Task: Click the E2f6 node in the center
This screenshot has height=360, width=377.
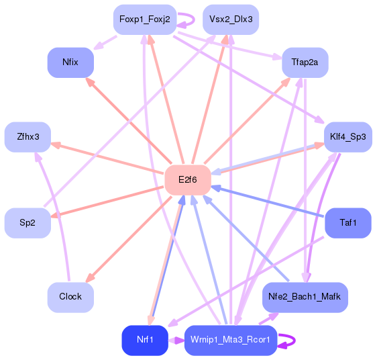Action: pos(188,180)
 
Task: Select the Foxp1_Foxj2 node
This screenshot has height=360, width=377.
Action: pos(144,19)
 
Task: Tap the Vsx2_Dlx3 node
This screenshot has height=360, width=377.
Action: pos(231,19)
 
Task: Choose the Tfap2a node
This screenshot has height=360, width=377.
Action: pos(305,62)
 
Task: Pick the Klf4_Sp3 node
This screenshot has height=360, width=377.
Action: pos(347,137)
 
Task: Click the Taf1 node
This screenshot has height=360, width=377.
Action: pos(347,223)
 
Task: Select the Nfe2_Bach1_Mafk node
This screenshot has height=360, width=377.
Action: pos(305,296)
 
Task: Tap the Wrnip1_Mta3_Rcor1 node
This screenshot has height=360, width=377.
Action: pos(230,340)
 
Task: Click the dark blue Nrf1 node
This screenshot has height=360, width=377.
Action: pos(144,340)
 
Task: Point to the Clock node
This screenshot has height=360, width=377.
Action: pos(70,296)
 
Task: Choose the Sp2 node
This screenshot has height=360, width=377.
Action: pos(28,223)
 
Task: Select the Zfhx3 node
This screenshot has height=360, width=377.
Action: pos(28,137)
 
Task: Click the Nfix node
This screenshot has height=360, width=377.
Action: pos(70,62)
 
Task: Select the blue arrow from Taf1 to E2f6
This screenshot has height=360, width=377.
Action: pos(268,201)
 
